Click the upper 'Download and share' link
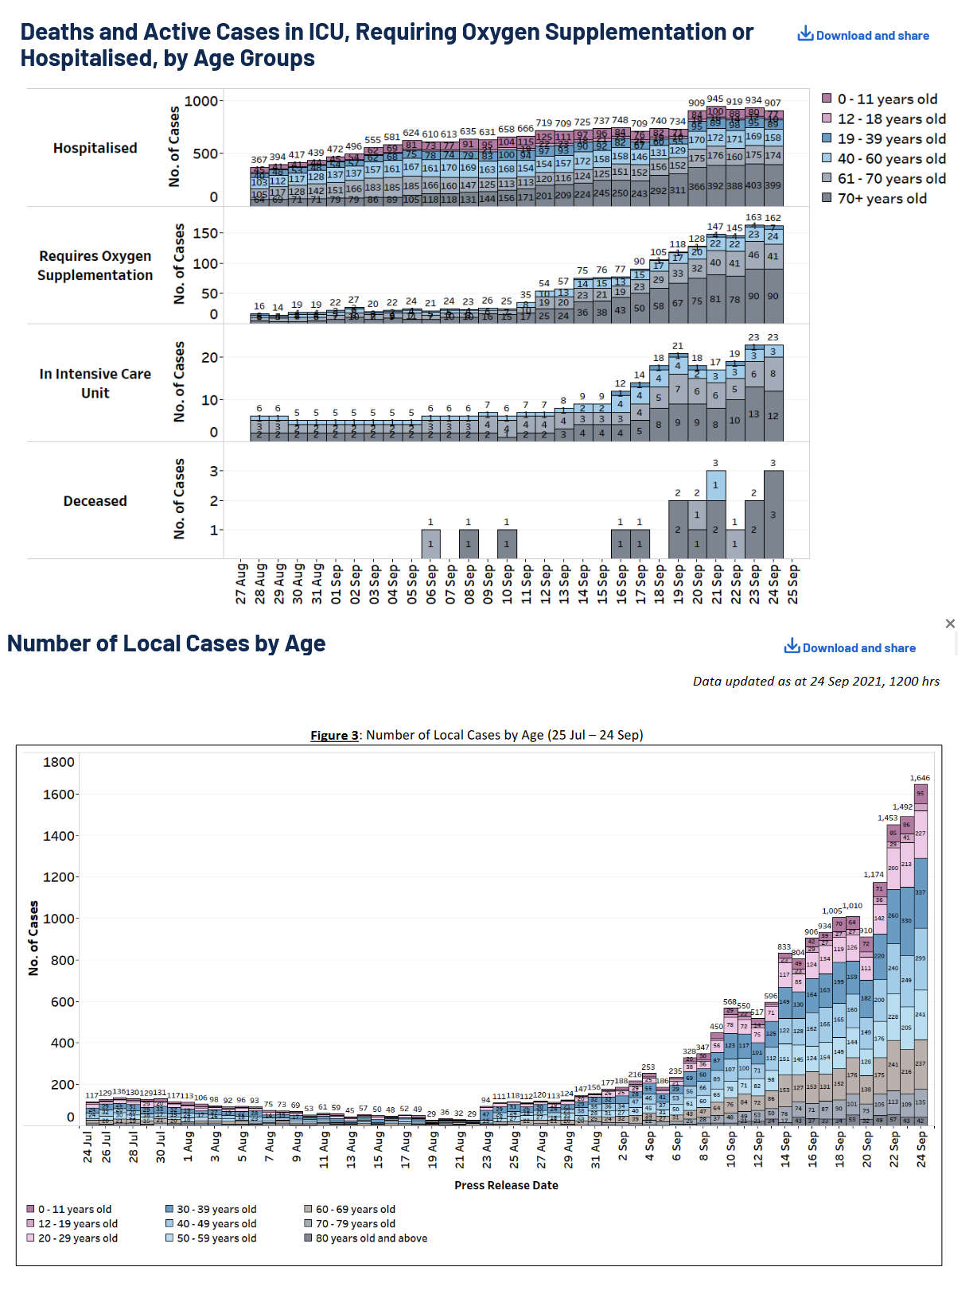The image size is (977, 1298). pos(864,35)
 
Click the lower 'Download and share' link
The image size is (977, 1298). pos(850,647)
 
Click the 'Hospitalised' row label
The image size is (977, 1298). pos(95,148)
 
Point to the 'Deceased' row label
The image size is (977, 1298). pos(95,501)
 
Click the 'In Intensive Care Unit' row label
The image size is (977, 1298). pos(95,383)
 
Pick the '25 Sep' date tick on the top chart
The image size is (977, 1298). pos(793,584)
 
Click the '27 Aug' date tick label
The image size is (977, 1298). pos(242,584)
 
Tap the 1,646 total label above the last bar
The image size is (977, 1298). pos(920,778)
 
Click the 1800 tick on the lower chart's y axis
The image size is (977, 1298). pos(59,762)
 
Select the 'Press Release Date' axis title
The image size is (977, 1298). pos(506,1185)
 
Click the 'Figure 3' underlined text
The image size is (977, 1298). pos(334,735)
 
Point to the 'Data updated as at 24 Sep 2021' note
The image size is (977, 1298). pos(815,681)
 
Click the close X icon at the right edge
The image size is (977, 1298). pos(950,624)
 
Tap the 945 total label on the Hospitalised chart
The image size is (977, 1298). pos(715,99)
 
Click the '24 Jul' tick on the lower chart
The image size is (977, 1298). pos(88,1149)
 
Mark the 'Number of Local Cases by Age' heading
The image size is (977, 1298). pos(166,643)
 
